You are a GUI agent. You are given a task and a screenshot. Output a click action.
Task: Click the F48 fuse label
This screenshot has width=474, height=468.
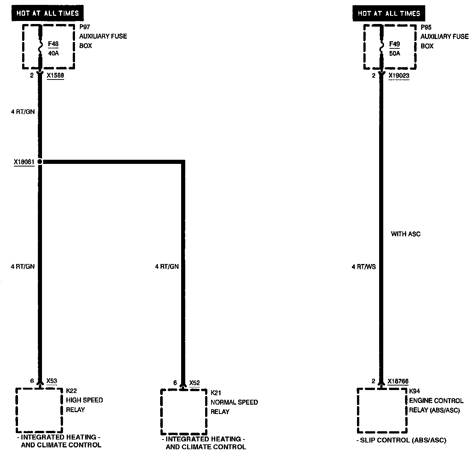pyautogui.click(x=53, y=44)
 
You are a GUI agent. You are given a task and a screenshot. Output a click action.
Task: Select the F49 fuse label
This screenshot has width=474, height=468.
pyautogui.click(x=394, y=44)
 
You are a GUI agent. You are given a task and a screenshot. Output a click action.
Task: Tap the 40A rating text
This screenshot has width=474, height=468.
pyautogui.click(x=53, y=53)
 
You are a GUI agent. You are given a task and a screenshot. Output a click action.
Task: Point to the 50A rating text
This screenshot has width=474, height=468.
pyautogui.click(x=394, y=53)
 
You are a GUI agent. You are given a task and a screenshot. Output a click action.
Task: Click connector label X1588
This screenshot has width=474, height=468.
pyautogui.click(x=55, y=75)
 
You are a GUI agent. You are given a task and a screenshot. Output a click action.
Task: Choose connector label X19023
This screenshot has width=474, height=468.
pyautogui.click(x=399, y=76)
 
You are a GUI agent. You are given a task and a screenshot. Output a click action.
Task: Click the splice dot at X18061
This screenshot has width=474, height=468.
pyautogui.click(x=40, y=162)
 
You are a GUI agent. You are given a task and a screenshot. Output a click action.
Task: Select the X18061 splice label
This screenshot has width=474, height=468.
pyautogui.click(x=24, y=162)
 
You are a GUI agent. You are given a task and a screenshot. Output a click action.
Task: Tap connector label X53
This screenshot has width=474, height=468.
pyautogui.click(x=52, y=381)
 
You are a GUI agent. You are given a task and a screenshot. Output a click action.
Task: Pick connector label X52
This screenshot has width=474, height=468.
pyautogui.click(x=195, y=383)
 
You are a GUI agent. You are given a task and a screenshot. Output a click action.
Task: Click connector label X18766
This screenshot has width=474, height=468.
pyautogui.click(x=398, y=381)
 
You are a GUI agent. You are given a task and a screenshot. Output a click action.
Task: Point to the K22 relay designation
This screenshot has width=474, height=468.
pyautogui.click(x=71, y=391)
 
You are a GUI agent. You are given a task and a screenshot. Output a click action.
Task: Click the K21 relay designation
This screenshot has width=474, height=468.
pyautogui.click(x=216, y=393)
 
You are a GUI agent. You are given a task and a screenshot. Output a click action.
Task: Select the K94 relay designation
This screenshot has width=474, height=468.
pyautogui.click(x=415, y=391)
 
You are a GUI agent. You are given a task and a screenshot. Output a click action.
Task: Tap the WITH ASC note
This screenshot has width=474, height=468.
pyautogui.click(x=405, y=234)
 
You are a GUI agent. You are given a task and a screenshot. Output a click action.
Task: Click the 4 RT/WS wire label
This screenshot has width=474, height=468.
pyautogui.click(x=363, y=267)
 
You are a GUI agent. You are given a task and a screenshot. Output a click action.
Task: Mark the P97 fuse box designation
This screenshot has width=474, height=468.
pyautogui.click(x=85, y=27)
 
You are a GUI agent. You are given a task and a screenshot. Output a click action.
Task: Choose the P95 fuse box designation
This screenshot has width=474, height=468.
pyautogui.click(x=426, y=27)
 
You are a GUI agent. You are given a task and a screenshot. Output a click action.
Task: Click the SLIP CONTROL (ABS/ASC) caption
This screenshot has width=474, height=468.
pyautogui.click(x=401, y=440)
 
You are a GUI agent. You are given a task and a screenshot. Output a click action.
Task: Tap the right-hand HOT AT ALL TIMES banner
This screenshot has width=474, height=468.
pyautogui.click(x=389, y=13)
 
